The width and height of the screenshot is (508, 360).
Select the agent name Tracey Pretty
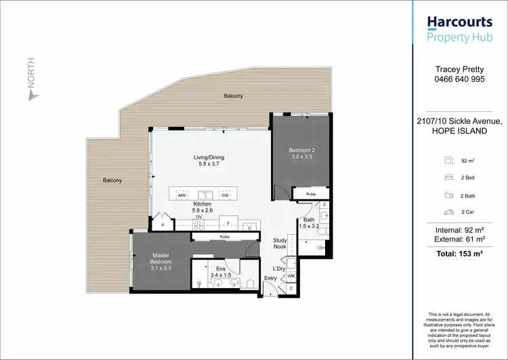tap(458, 68)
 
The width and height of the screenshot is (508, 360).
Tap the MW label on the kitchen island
tap(182, 196)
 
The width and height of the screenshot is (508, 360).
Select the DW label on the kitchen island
tap(224, 196)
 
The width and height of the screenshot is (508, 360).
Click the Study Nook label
tap(280, 243)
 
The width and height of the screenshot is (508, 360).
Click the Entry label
tap(270, 279)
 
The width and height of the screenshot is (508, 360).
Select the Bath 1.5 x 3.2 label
tap(308, 222)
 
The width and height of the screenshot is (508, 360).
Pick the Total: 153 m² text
tap(458, 252)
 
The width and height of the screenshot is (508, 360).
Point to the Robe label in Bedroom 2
tap(311, 194)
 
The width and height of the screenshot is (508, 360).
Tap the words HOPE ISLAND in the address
tap(458, 131)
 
